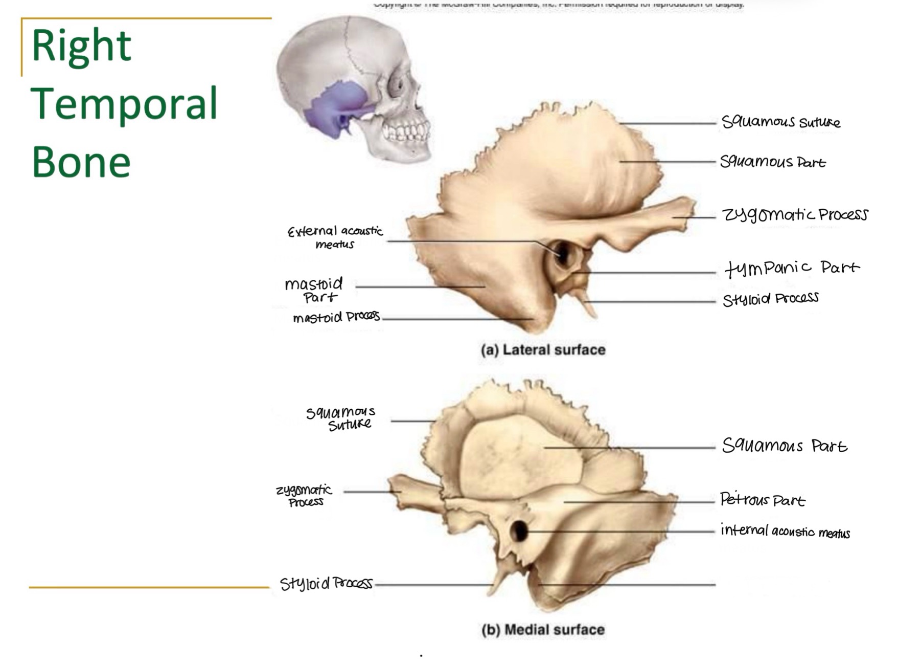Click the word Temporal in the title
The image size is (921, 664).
click(x=124, y=104)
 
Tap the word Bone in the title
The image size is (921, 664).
click(x=81, y=162)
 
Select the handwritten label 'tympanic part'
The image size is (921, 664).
click(x=792, y=268)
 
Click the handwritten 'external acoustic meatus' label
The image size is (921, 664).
click(x=335, y=237)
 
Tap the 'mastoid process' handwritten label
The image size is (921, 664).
click(x=336, y=318)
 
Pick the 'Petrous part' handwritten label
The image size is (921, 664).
click(x=762, y=499)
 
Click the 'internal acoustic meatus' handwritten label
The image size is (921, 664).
click(x=785, y=531)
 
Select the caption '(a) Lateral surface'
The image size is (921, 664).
click(x=543, y=350)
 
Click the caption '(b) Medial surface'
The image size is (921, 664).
click(x=543, y=630)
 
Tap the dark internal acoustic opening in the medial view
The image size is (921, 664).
click(x=519, y=531)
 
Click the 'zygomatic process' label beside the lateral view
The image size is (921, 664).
click(x=795, y=215)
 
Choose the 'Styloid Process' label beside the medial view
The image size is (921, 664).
click(x=326, y=583)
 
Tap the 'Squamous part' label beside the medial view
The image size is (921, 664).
click(x=784, y=446)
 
